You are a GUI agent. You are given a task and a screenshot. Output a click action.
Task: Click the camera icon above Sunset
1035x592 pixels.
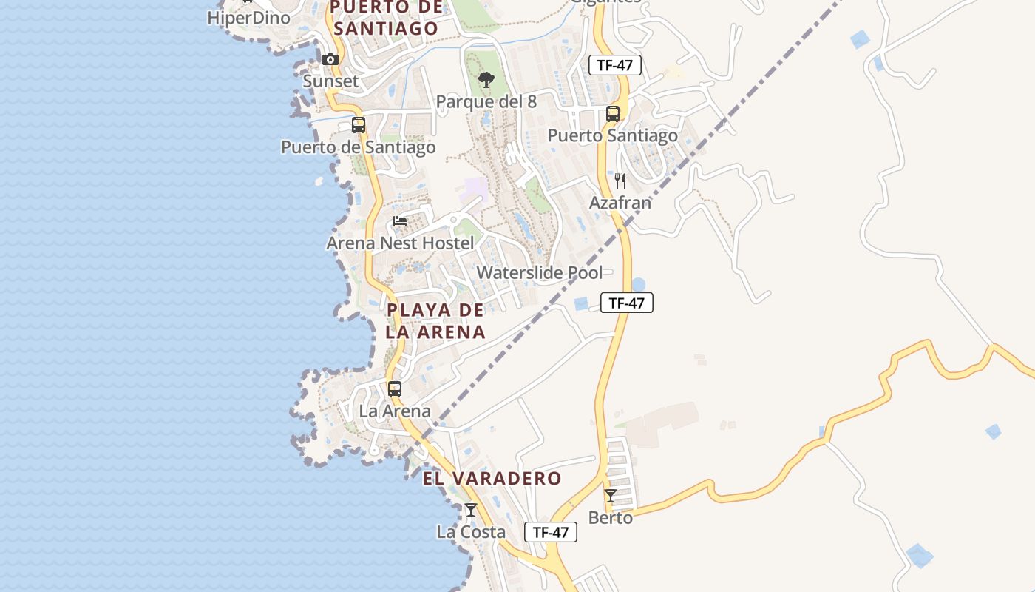(x=330, y=59)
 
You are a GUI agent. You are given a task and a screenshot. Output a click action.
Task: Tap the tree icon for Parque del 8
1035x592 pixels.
(x=486, y=79)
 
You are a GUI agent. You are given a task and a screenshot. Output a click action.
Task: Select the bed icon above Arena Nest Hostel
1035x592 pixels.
(x=400, y=221)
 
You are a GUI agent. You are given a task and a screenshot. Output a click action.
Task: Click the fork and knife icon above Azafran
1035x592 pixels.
(x=620, y=181)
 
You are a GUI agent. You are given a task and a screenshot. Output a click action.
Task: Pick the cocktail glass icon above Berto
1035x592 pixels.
(x=611, y=495)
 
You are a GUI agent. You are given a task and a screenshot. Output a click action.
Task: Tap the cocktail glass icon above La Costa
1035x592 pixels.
(x=471, y=509)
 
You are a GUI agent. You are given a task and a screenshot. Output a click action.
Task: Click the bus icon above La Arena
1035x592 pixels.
(x=395, y=388)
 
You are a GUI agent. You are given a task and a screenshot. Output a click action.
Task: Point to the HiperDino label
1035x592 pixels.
(x=248, y=18)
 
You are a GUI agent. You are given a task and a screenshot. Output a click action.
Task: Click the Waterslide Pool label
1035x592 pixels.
(x=540, y=272)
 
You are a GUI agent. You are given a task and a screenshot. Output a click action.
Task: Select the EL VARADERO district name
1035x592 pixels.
(x=492, y=479)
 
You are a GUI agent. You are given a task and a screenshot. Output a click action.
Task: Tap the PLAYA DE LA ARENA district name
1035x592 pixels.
(x=435, y=321)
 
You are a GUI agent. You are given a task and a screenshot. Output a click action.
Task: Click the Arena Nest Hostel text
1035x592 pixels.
(x=401, y=243)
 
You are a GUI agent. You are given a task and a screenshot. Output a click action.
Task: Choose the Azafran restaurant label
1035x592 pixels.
(x=620, y=202)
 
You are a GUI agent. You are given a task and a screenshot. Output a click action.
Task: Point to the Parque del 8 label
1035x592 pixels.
(x=486, y=101)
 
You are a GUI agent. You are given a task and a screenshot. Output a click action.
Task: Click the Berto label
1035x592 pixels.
(x=611, y=517)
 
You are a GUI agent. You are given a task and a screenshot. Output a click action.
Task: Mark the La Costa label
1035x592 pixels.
(x=471, y=532)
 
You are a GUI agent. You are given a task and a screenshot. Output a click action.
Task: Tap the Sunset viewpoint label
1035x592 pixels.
(x=330, y=81)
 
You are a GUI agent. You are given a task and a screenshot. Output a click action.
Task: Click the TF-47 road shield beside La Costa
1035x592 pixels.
(x=551, y=532)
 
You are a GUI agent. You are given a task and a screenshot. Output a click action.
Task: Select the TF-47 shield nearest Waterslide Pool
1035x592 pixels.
(x=627, y=303)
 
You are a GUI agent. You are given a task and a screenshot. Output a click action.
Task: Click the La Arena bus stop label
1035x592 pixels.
(x=395, y=411)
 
